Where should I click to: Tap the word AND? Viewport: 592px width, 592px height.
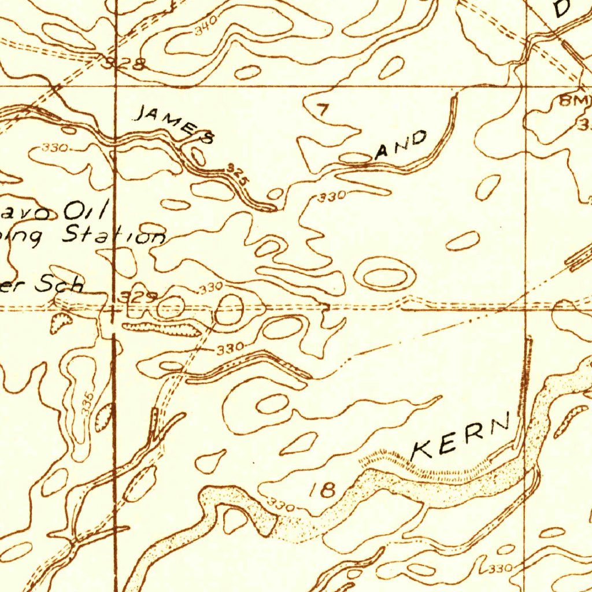coord(401,146)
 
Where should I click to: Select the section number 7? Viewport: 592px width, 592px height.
coord(321,109)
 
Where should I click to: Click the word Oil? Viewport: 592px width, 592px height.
coord(86,209)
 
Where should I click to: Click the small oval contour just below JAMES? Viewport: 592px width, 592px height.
coord(198,156)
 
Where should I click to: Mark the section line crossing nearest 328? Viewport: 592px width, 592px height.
coord(116,87)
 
